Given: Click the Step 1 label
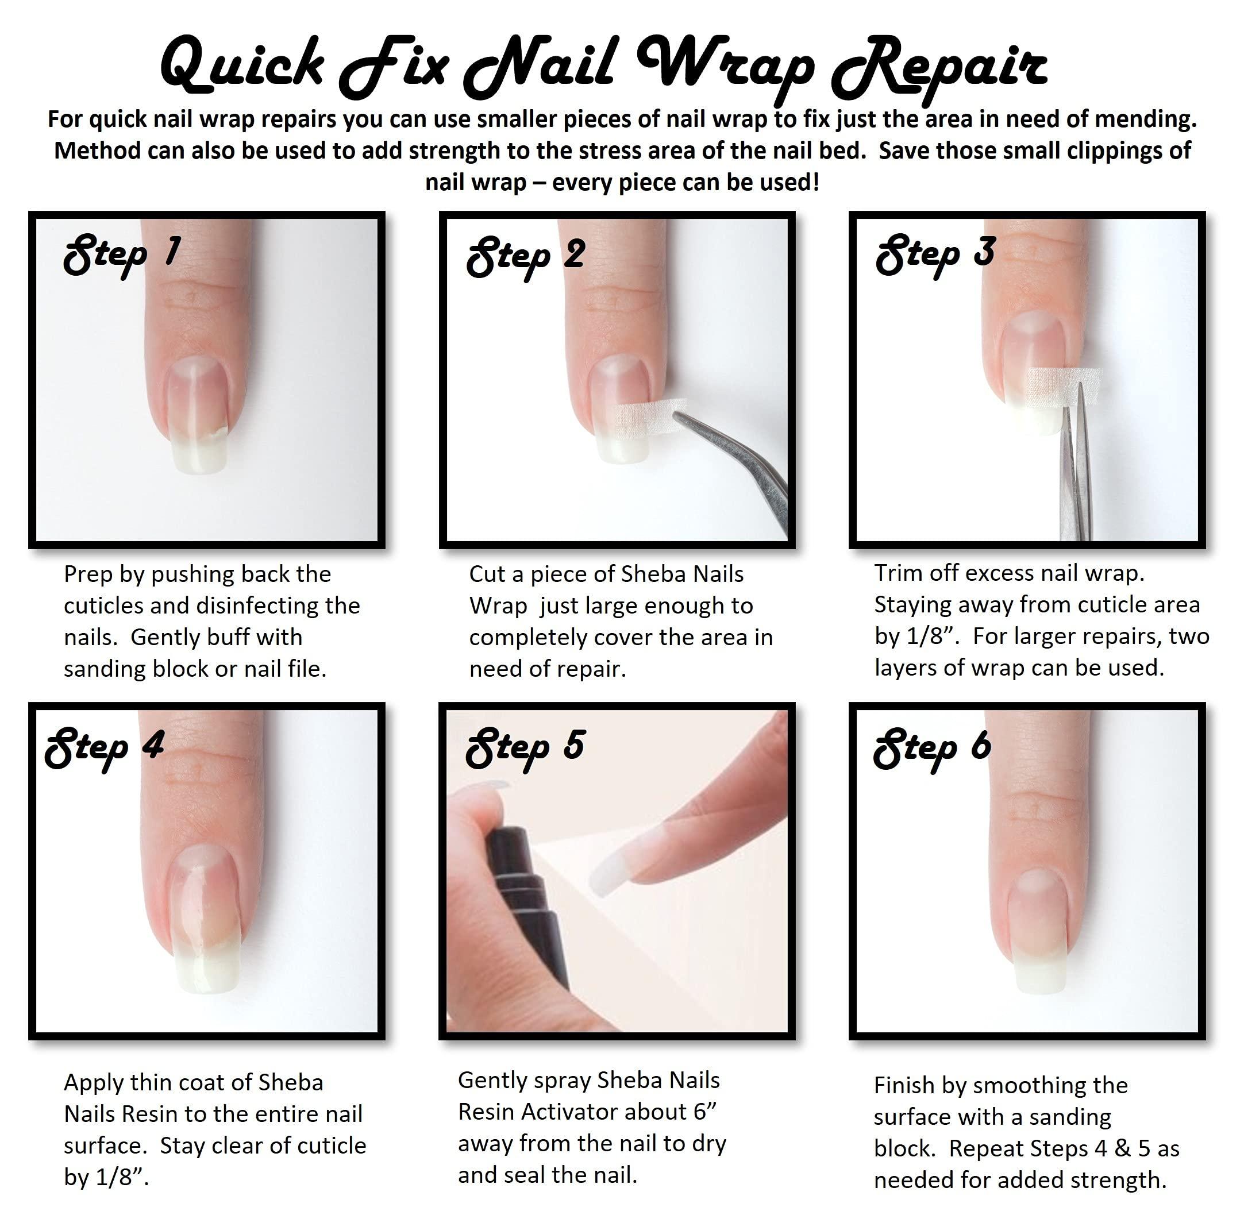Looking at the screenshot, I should [x=121, y=254].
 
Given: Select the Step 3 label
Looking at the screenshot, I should [x=934, y=254].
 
